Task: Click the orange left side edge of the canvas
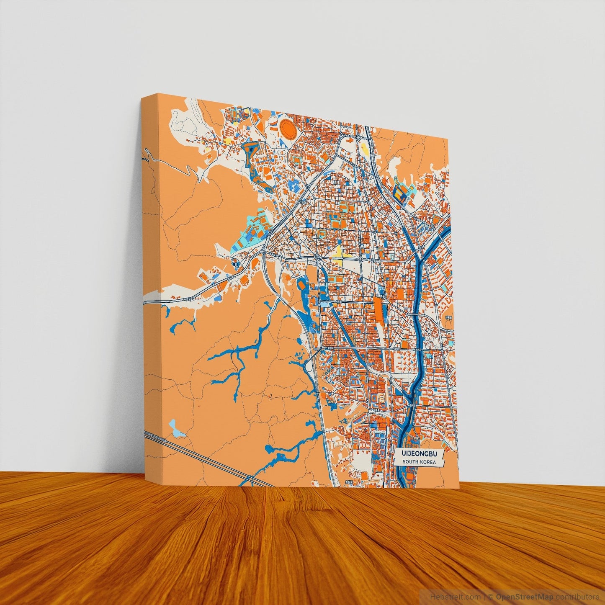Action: click(151, 293)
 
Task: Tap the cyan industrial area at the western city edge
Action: click(247, 234)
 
